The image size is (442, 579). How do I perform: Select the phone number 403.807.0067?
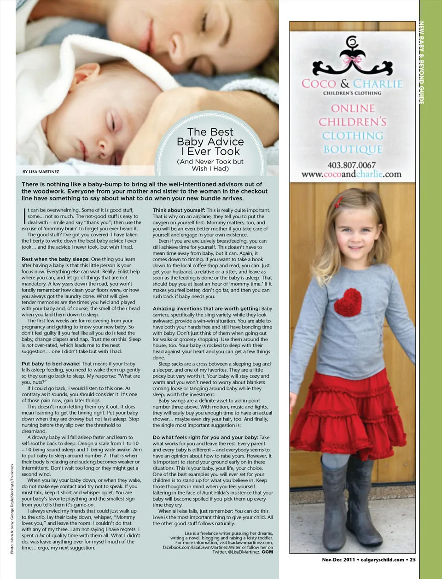352,165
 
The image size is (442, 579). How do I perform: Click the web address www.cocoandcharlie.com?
351,175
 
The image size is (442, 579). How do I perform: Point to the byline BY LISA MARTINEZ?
41,172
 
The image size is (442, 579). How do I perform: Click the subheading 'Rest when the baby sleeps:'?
55,259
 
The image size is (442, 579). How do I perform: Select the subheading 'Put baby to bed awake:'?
51,364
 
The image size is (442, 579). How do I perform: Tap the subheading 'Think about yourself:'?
179,211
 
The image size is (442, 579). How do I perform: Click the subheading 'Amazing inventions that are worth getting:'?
206,309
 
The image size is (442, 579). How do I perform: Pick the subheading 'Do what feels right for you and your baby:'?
205,438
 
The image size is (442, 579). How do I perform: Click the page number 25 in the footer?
413,560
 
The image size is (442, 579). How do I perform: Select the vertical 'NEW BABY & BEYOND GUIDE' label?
421,63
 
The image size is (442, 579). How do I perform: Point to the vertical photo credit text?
12,508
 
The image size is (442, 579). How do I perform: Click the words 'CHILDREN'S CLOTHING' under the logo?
352,93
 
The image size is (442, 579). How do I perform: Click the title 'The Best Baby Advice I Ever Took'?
210,142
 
